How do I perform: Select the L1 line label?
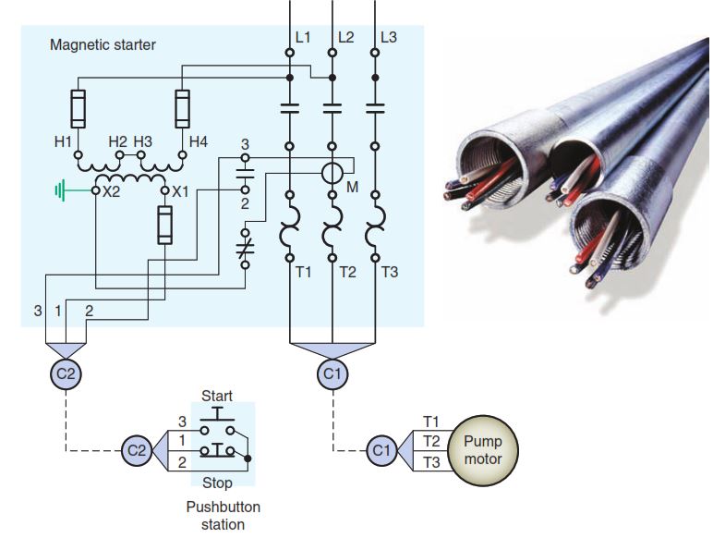coord(304,38)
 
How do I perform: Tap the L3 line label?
coord(389,38)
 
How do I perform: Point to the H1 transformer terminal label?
coord(62,141)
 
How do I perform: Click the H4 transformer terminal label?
coord(199,141)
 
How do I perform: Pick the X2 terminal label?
coord(112,192)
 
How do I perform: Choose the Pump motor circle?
coord(483,449)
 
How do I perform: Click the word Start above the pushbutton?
coord(217,396)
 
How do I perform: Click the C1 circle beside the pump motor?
coord(379,450)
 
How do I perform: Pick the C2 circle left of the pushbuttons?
coord(136,450)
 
